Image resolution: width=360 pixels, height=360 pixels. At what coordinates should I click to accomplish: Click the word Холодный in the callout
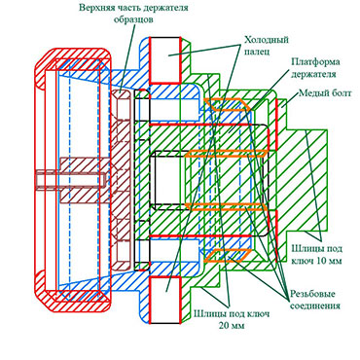[x=267, y=40]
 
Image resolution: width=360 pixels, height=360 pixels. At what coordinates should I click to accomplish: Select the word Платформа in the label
[x=310, y=61]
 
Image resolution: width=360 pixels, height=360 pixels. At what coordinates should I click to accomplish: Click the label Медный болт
[x=325, y=93]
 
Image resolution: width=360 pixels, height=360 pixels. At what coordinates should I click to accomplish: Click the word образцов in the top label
[x=133, y=19]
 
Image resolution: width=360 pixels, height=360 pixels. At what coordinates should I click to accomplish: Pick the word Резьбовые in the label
[x=312, y=295]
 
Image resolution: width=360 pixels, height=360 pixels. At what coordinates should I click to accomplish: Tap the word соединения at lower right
[x=315, y=306]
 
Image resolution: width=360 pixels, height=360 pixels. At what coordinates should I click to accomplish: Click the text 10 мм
[x=330, y=261]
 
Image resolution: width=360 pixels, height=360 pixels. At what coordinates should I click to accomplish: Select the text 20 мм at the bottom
[x=232, y=325]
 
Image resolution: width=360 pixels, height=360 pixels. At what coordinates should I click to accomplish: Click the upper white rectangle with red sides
[x=164, y=60]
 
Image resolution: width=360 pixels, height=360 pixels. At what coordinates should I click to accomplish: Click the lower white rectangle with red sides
[x=164, y=300]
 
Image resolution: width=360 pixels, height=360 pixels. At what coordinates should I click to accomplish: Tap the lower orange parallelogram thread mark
[x=230, y=255]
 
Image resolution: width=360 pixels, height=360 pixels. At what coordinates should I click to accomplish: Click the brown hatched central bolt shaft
[x=85, y=179]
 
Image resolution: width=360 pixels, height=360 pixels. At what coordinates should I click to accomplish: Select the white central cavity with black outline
[x=169, y=179]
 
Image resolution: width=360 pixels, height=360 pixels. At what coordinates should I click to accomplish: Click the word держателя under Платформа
[x=313, y=74]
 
